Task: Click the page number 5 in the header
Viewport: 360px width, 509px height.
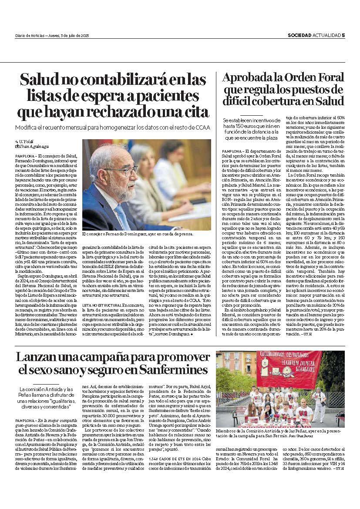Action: [x=343, y=36]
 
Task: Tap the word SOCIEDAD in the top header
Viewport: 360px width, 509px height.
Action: [x=299, y=36]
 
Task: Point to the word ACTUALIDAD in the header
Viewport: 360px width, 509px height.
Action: [x=326, y=36]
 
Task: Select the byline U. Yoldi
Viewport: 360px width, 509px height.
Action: [x=26, y=143]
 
